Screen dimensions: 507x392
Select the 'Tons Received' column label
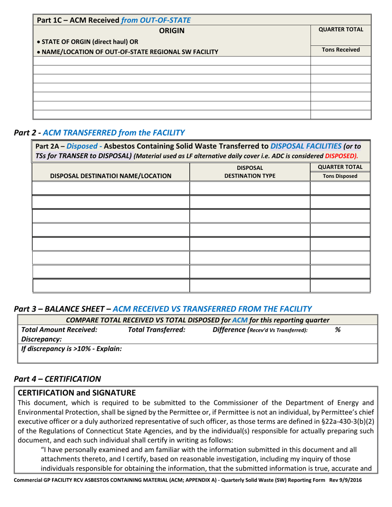(x=340, y=50)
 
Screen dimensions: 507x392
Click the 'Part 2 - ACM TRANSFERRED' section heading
(x=99, y=133)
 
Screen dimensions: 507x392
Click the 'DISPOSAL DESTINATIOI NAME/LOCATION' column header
(x=111, y=176)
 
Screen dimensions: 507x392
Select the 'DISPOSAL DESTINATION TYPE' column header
(x=250, y=172)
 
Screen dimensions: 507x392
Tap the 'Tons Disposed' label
(x=340, y=176)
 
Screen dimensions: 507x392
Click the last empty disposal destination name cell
(x=111, y=286)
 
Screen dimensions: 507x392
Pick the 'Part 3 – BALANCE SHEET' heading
(x=163, y=308)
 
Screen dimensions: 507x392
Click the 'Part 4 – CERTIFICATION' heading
(x=57, y=378)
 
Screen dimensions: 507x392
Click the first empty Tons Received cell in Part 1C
(x=340, y=61)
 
